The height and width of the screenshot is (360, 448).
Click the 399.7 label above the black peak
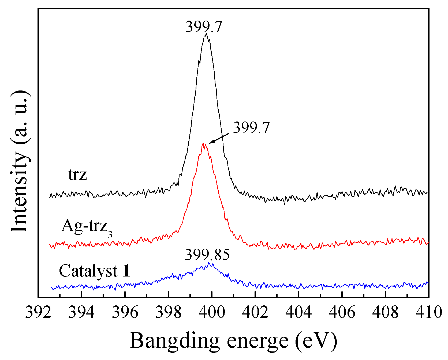[x=204, y=27]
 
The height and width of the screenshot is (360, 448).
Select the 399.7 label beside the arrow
[x=251, y=128]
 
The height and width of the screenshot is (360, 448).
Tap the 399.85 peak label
[x=207, y=255]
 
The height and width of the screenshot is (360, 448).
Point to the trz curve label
[x=77, y=175]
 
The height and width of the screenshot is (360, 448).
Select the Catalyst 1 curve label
[x=94, y=271]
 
